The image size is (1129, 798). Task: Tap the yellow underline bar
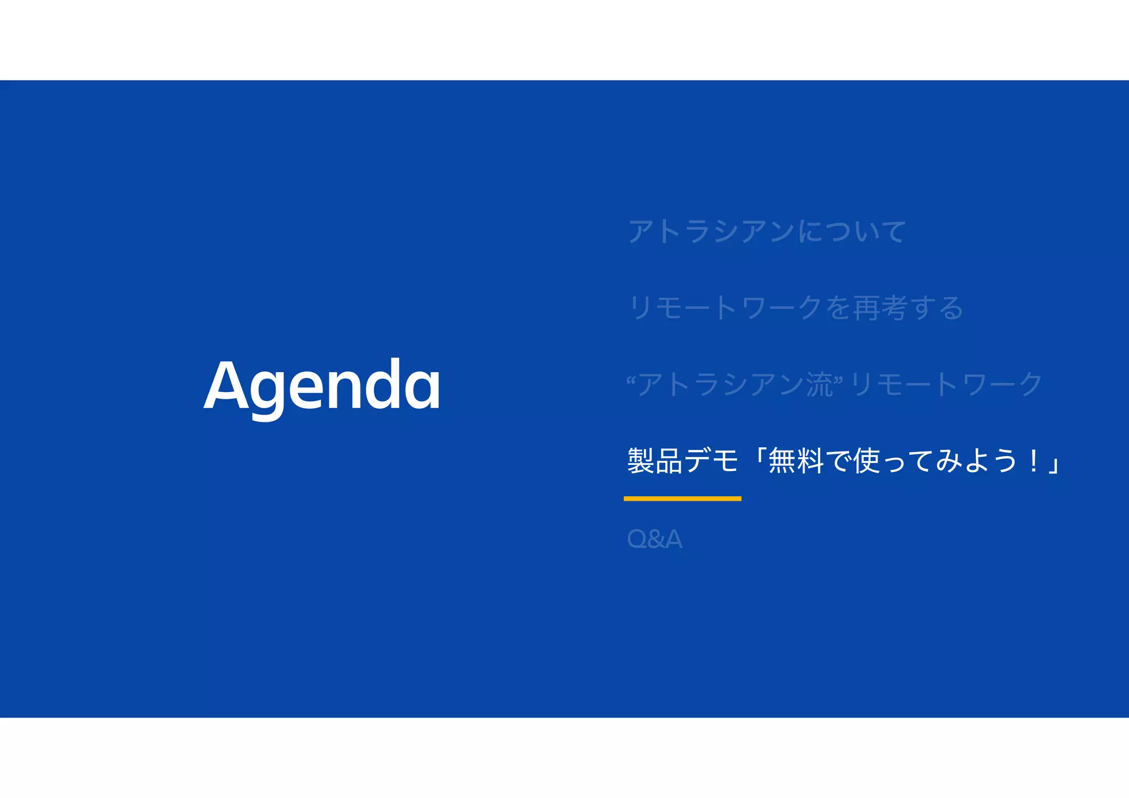click(682, 499)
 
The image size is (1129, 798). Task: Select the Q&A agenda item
click(654, 539)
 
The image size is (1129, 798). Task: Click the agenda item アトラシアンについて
click(766, 231)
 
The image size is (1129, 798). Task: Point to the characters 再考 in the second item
click(880, 308)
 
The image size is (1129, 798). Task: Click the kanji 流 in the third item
click(820, 384)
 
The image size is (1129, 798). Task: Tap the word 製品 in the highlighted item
click(655, 460)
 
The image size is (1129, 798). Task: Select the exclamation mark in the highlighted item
click(1033, 460)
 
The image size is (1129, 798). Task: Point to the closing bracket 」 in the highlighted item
click(1054, 465)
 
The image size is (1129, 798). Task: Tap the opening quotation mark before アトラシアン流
click(632, 381)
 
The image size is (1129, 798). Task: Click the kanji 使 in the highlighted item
click(867, 460)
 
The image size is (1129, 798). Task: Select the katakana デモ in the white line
click(711, 460)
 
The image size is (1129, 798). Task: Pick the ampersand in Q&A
click(655, 539)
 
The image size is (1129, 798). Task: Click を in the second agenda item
click(838, 308)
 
